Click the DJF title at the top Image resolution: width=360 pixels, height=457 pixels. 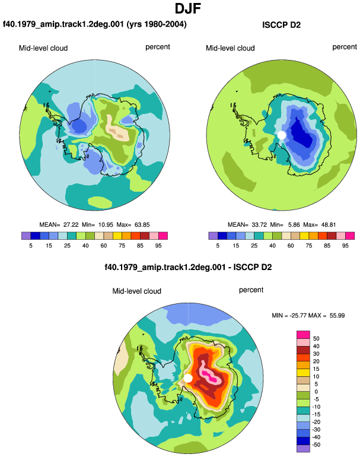188,8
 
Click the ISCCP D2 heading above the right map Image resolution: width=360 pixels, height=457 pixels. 281,25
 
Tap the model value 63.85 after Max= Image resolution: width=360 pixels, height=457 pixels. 142,225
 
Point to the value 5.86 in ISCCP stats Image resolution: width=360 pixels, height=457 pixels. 294,225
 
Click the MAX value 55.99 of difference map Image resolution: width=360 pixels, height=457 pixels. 337,315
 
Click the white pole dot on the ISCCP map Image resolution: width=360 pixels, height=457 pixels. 281,135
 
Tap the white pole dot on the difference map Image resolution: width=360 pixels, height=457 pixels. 188,378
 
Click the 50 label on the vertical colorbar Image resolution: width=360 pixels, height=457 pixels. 316,339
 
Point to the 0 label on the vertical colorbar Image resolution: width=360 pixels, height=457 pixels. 316,392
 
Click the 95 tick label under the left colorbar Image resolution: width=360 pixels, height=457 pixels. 158,246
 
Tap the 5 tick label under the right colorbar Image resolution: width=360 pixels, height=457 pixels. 218,246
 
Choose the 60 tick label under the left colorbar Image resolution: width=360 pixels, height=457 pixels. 103,246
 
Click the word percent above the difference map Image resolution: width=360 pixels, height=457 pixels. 251,290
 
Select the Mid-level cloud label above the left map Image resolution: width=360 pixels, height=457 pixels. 43,48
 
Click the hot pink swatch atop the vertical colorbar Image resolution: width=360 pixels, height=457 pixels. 303,335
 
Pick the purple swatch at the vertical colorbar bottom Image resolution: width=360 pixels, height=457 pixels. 303,449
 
